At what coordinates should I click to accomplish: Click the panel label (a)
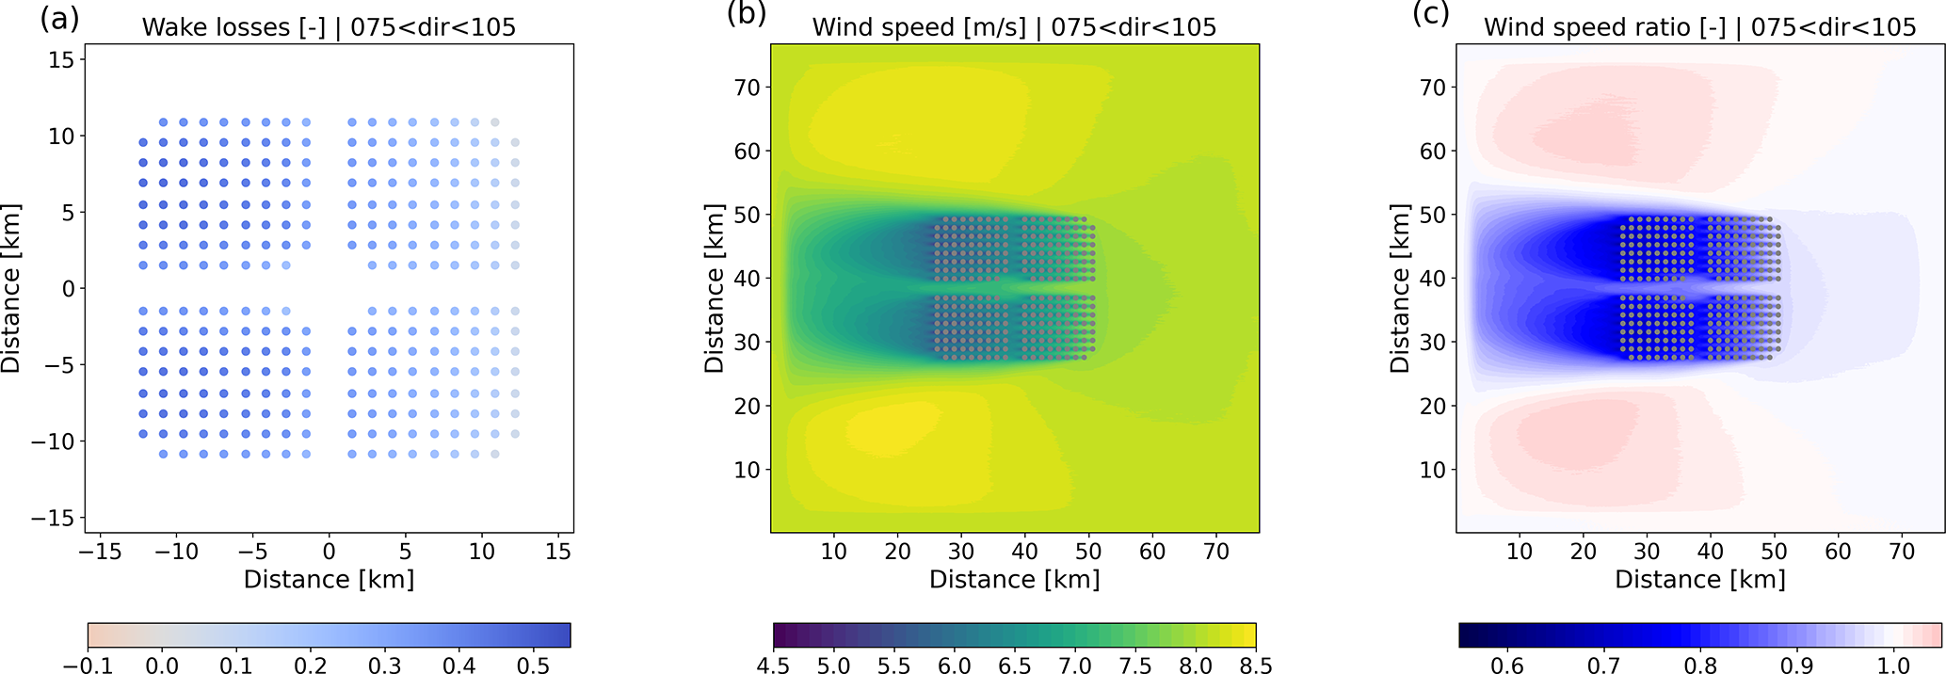coord(59,17)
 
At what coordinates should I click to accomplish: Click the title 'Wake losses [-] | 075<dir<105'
coord(329,27)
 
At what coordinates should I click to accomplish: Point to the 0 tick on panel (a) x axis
coord(329,552)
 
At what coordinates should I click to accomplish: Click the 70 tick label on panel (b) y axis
coord(747,88)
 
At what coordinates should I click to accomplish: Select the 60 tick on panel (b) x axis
coord(1152,552)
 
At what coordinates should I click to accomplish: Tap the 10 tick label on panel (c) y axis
coord(1432,470)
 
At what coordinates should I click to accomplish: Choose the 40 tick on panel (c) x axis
coord(1711,552)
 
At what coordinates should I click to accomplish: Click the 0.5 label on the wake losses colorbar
coord(534,666)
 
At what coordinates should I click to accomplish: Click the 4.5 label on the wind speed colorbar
coord(774,666)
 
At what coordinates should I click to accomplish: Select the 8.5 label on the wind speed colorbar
coord(1255,666)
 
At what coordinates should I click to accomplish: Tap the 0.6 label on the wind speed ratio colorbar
coord(1507,666)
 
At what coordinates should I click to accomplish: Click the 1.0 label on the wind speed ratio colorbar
coord(1893,666)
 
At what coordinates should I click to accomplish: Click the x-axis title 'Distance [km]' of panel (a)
coord(329,579)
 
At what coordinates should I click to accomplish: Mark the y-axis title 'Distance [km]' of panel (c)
coord(1400,288)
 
